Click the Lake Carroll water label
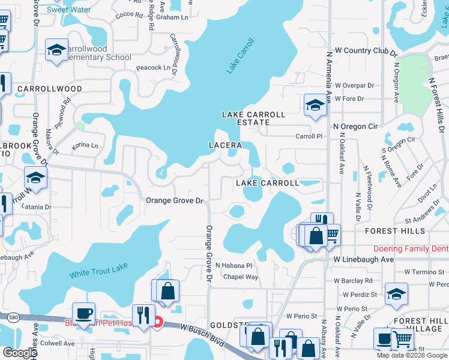[x=241, y=56]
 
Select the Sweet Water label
[x=68, y=10]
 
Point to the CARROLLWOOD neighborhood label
[x=50, y=89]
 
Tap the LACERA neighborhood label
[x=225, y=145]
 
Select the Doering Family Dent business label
[x=411, y=248]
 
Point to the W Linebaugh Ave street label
[x=363, y=259]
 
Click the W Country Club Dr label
[x=366, y=51]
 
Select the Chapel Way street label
[x=241, y=277]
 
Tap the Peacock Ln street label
[x=153, y=68]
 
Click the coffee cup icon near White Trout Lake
[x=83, y=313]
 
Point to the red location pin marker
[x=158, y=322]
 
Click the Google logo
[x=19, y=353]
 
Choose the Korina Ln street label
[x=85, y=145]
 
